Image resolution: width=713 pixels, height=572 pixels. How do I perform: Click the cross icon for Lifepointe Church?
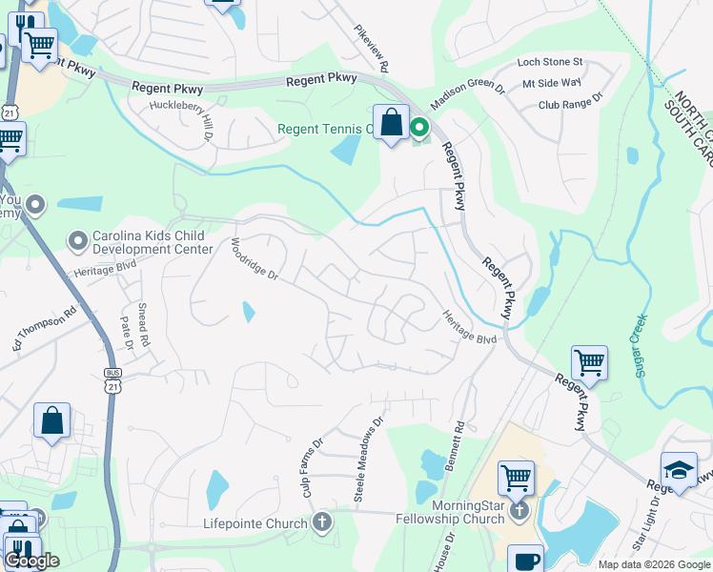click(322, 522)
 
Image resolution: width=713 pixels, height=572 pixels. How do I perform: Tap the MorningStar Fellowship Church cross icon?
click(519, 510)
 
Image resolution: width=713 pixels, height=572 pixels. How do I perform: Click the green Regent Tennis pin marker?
click(418, 127)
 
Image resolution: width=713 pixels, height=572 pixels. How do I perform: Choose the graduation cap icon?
click(679, 470)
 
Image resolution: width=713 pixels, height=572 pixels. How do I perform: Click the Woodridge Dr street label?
click(254, 259)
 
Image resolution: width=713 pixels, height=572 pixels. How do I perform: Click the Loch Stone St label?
click(549, 62)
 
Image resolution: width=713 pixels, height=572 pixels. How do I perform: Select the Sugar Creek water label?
click(640, 345)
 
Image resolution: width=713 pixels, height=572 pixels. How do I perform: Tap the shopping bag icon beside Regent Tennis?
click(391, 123)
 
